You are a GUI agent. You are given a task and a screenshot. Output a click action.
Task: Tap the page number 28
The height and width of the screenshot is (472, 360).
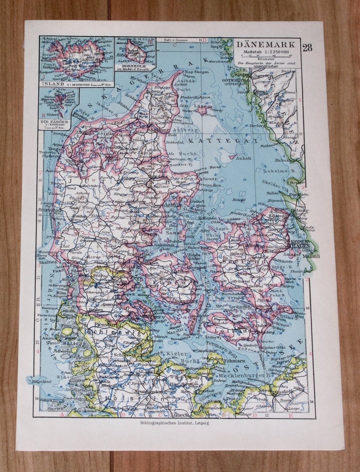click(x=306, y=48)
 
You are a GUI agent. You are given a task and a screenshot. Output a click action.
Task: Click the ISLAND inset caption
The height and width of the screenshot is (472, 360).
click(x=51, y=85)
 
